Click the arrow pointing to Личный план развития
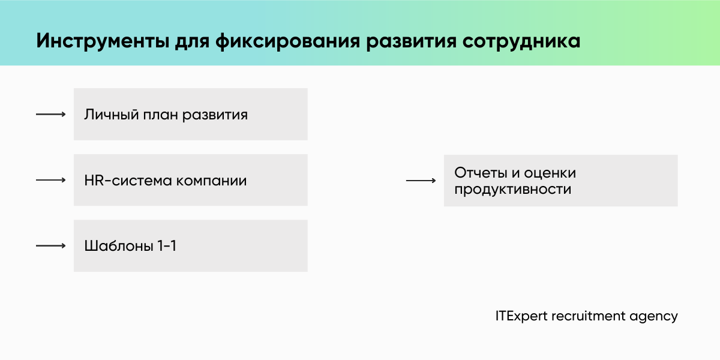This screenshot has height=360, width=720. point(50,114)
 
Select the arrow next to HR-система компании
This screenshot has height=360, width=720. point(50,180)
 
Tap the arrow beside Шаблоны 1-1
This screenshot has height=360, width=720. point(50,245)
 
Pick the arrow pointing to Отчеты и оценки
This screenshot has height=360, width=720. point(421,180)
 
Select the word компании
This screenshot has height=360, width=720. point(211,181)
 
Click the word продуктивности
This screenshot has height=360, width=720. point(512,189)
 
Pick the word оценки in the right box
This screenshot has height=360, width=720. point(550,173)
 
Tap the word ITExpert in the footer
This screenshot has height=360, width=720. point(521,316)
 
